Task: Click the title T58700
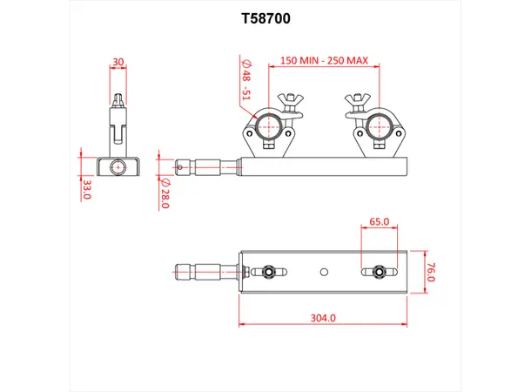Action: (265, 17)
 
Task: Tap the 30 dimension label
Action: (118, 62)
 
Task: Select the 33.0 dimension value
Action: (85, 189)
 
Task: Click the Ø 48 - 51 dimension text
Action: (246, 80)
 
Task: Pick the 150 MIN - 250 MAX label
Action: (324, 62)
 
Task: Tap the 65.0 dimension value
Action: (379, 221)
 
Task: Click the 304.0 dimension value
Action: (322, 319)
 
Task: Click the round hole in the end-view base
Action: (118, 165)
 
